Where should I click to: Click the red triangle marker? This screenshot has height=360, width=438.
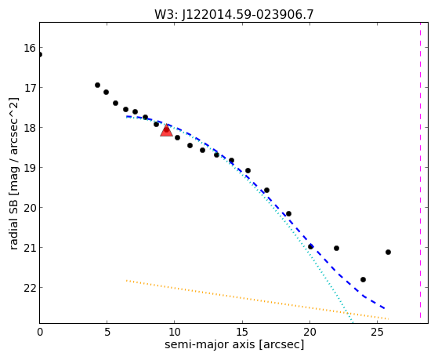coord(166,130)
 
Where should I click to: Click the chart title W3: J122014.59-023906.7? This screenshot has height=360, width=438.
coord(234,14)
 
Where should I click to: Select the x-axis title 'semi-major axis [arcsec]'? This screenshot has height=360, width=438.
coord(234,344)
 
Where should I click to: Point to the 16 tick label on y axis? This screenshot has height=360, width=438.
coord(30,48)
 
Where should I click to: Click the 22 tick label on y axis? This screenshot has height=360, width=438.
coord(30,288)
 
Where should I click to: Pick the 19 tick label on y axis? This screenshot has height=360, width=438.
coord(30,168)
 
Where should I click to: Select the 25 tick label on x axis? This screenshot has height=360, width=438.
coord(377,333)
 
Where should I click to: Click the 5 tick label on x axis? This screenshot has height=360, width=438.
coord(107,333)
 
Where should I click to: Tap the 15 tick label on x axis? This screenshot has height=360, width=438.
coord(242,333)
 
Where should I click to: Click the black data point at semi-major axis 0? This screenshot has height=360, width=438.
coord(40,55)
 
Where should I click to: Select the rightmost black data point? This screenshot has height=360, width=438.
coord(388,252)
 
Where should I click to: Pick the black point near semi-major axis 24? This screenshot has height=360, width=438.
coord(363,279)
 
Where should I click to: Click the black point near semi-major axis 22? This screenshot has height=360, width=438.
coord(337,248)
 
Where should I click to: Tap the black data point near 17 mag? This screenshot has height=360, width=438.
coord(97,85)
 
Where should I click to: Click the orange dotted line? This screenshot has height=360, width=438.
coord(257,300)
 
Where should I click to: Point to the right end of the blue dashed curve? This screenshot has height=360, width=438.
coord(385,308)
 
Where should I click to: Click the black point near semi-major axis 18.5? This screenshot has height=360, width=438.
coord(289,213)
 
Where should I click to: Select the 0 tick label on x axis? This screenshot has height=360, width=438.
coord(40,333)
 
